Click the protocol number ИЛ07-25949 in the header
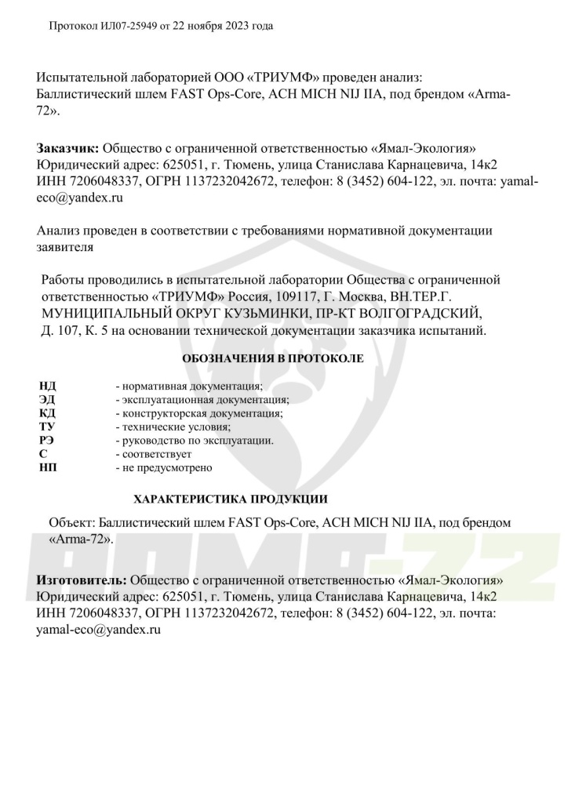point(127,26)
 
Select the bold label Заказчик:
point(67,148)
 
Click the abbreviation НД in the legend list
point(47,387)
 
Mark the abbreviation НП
point(47,467)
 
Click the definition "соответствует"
point(156,454)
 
